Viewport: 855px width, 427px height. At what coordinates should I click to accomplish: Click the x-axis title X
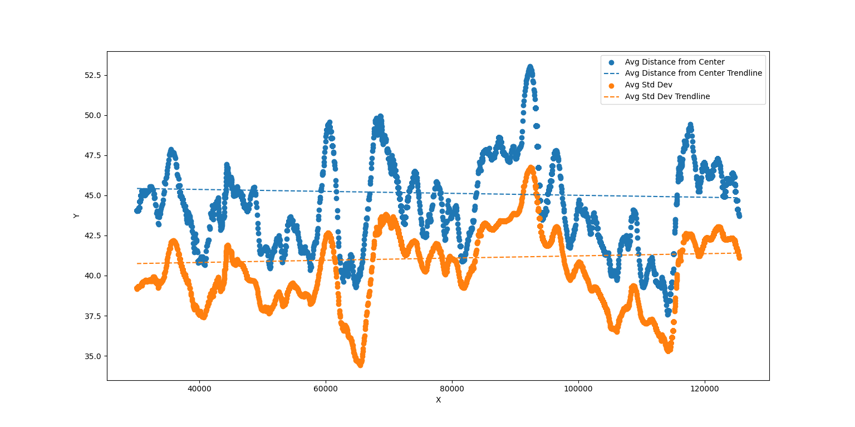[x=438, y=400]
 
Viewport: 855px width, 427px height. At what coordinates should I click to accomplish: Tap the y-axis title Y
[x=76, y=216]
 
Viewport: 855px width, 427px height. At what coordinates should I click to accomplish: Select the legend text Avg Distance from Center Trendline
[x=693, y=73]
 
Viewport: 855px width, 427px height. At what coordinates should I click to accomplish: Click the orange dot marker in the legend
[x=611, y=85]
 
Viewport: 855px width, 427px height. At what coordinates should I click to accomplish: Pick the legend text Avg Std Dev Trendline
[x=667, y=97]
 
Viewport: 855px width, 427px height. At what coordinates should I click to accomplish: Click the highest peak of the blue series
[x=530, y=67]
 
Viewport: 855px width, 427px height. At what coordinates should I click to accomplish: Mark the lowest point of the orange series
[x=360, y=365]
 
